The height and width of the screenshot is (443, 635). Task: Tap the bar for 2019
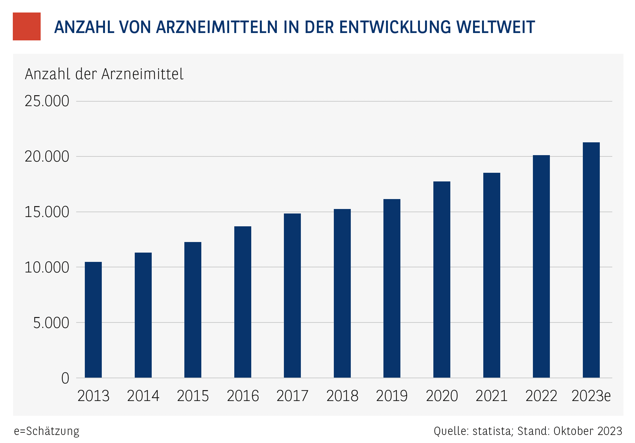[392, 288]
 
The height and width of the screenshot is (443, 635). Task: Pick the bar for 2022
[541, 266]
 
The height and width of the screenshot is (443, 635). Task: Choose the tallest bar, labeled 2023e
[591, 260]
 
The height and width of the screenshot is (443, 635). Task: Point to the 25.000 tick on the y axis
[47, 101]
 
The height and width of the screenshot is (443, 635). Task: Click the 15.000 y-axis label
[47, 212]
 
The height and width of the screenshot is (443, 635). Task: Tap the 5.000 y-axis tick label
[51, 323]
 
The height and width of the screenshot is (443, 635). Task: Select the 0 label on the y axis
[65, 378]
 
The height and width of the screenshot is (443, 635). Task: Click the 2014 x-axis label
[143, 396]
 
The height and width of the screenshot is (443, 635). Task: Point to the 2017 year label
[292, 396]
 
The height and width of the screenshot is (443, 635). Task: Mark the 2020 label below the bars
[442, 396]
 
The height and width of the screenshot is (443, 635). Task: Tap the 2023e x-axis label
[591, 396]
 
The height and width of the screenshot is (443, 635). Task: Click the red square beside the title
[27, 27]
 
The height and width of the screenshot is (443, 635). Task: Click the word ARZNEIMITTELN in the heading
[217, 27]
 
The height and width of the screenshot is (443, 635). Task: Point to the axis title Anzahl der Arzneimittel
[104, 74]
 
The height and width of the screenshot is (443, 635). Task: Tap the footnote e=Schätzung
[47, 431]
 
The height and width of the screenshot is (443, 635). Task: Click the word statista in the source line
[492, 431]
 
